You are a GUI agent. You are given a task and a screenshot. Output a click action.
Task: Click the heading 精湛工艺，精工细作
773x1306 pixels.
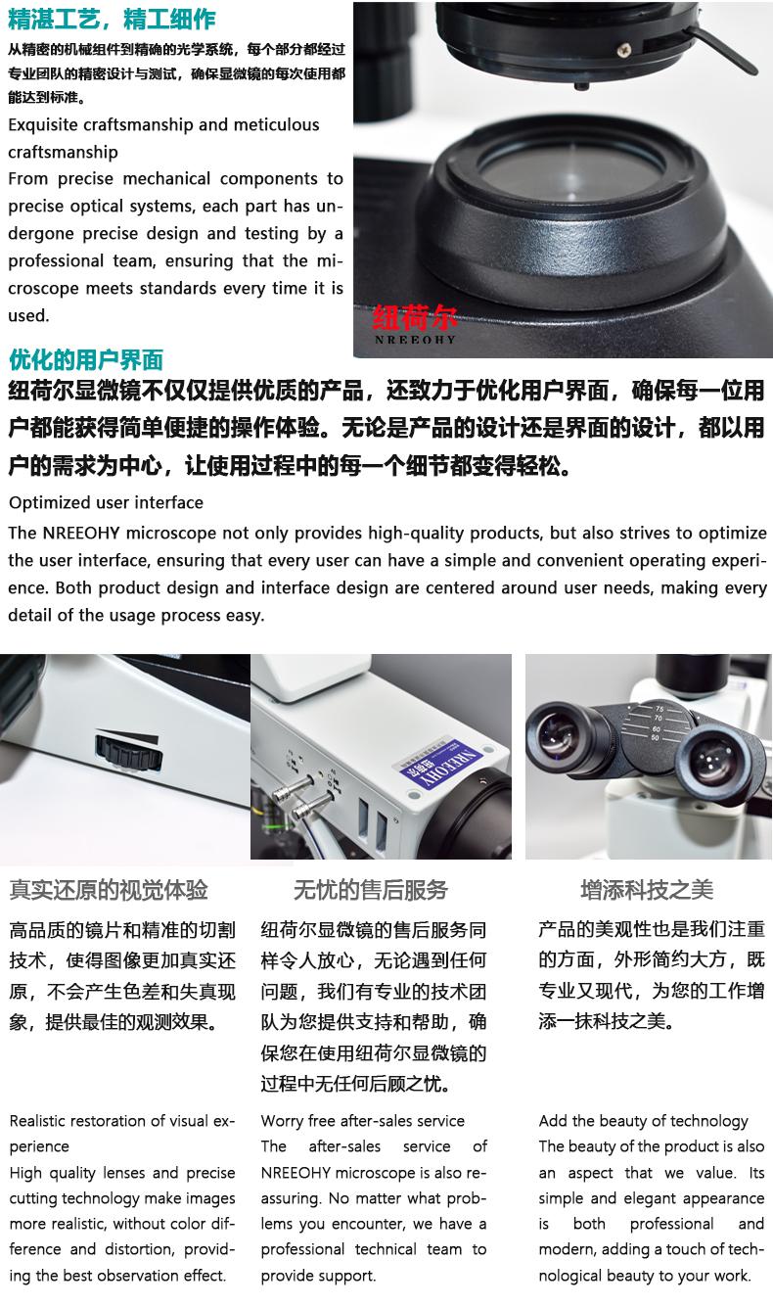tap(112, 20)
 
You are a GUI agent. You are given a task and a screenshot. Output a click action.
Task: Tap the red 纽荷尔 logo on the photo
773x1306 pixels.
tap(415, 318)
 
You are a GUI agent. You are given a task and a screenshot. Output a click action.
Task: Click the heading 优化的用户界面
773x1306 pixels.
tap(86, 359)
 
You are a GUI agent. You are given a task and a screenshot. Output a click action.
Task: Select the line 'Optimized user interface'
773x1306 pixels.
tap(106, 502)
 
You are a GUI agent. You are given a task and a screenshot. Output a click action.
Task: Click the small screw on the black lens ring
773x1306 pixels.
tap(624, 50)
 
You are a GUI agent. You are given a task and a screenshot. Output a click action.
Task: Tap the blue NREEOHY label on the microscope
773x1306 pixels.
tap(442, 763)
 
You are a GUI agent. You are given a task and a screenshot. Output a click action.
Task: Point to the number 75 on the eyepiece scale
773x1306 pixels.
tap(659, 709)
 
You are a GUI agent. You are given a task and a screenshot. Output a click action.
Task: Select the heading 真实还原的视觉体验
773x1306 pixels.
tap(109, 890)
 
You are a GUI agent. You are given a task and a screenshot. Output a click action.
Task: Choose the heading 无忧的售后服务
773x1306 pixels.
tap(371, 890)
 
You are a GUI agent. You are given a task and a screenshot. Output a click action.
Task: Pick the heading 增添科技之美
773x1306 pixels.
tap(647, 890)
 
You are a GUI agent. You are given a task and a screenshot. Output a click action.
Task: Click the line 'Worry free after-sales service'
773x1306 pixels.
tap(363, 1121)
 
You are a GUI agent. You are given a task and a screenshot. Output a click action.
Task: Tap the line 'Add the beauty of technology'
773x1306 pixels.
tap(644, 1121)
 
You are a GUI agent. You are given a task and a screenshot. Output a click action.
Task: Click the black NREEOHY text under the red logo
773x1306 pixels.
tap(415, 340)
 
